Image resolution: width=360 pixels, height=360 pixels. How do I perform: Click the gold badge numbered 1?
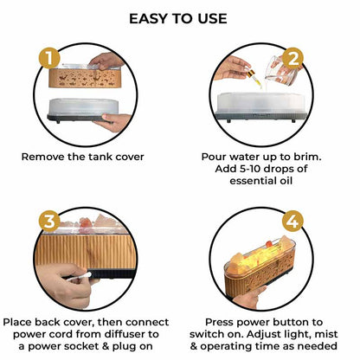[49, 58]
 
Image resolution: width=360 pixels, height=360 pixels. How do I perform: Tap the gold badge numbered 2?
[292, 59]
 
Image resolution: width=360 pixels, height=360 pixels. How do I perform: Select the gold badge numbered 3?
[49, 222]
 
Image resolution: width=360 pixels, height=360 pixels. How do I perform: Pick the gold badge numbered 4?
[292, 222]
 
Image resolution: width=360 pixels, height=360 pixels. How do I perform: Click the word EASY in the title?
[149, 19]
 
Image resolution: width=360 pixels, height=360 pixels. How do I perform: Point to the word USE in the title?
[212, 19]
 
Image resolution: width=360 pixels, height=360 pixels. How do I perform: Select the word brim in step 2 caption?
[306, 157]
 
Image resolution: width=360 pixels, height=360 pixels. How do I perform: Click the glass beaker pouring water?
[279, 70]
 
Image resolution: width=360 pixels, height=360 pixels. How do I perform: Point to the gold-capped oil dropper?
[254, 78]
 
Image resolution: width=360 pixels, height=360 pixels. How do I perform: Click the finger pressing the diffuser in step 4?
[247, 295]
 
